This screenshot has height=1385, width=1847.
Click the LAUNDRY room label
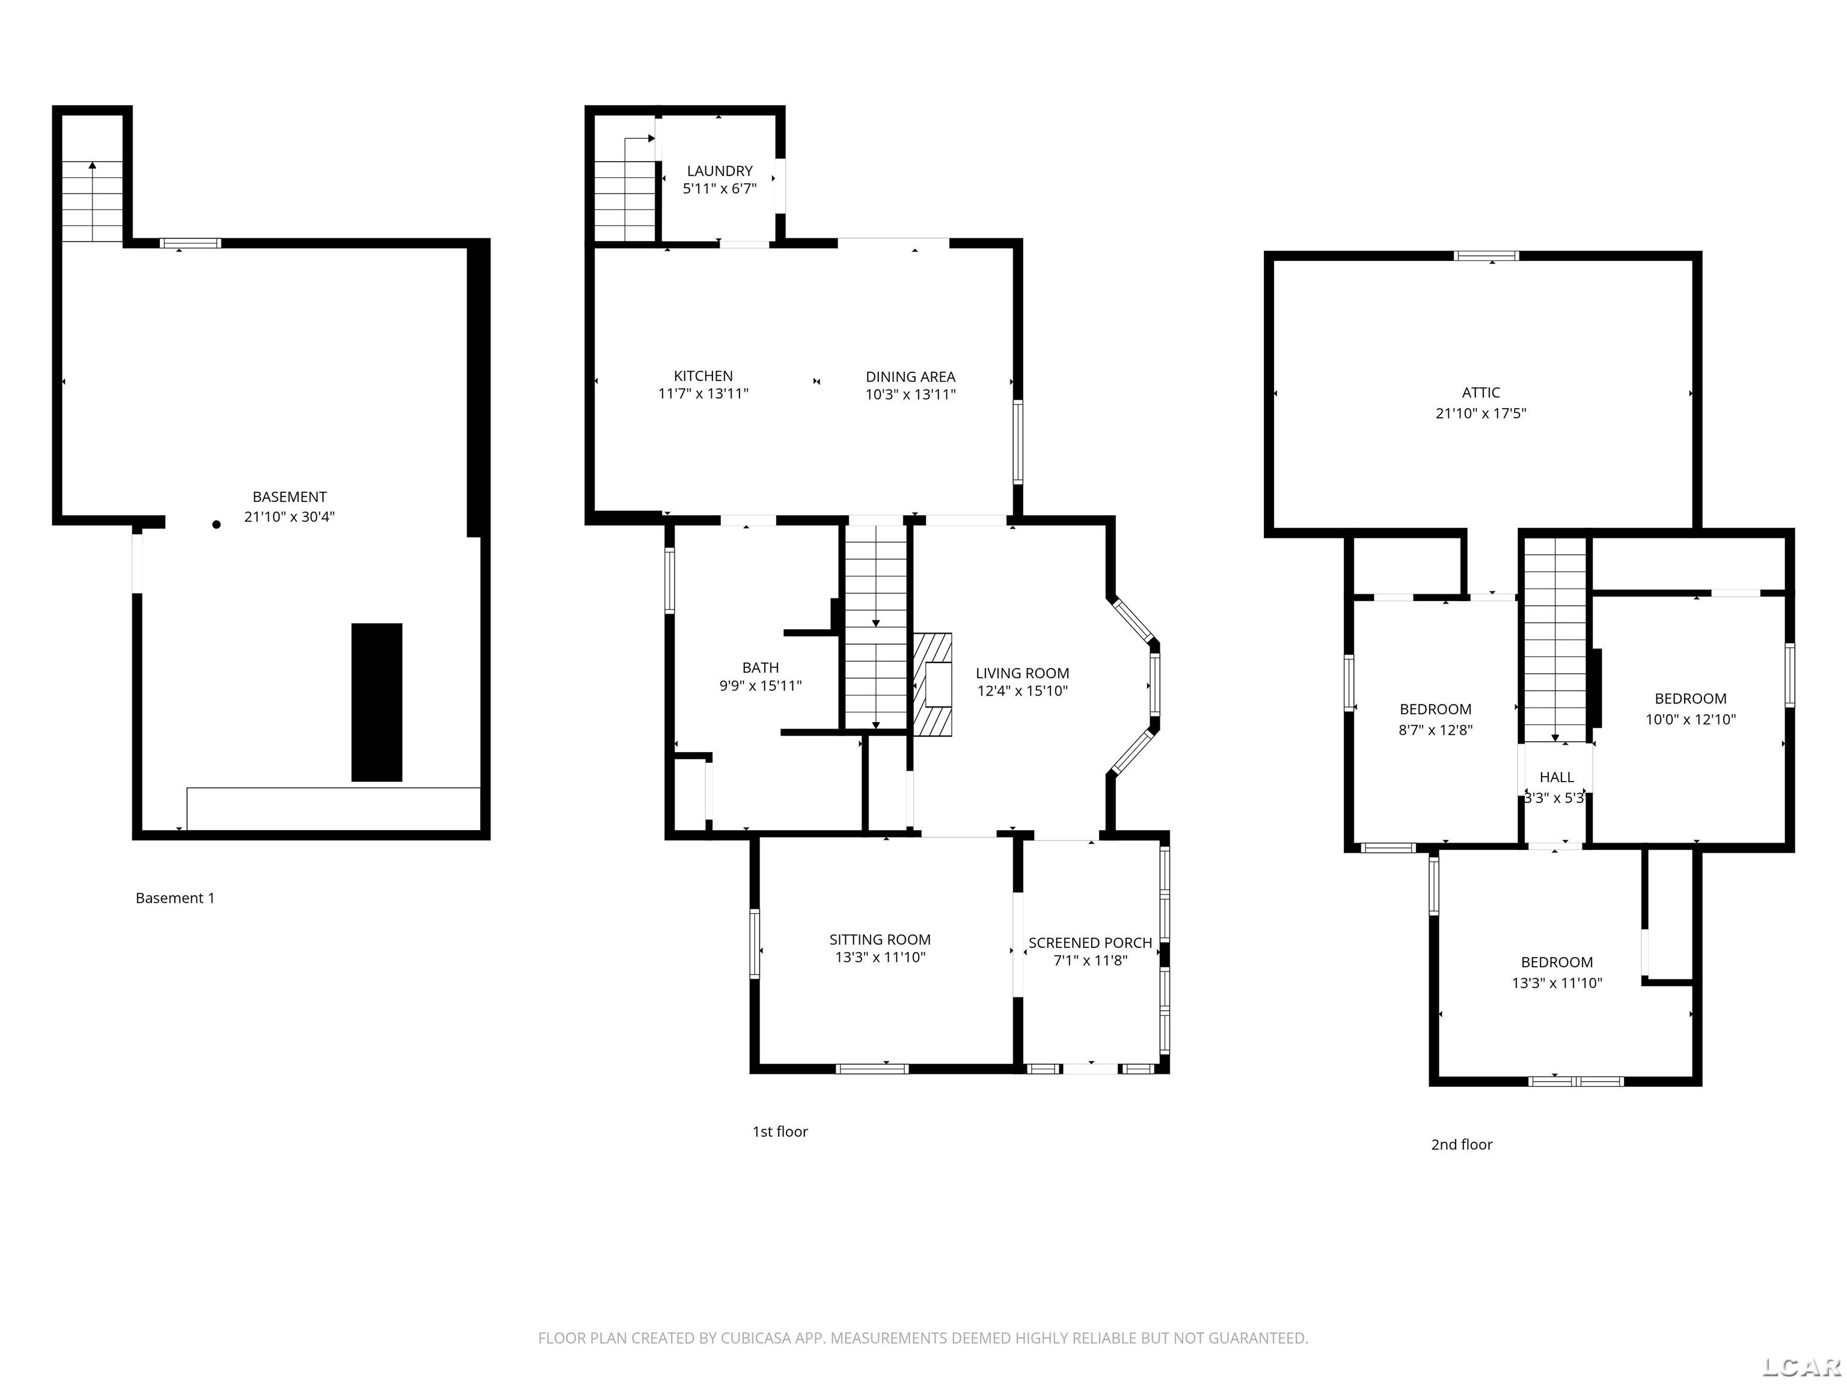719,171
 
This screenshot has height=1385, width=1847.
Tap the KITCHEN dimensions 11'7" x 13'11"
703,394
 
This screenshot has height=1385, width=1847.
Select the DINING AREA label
910,378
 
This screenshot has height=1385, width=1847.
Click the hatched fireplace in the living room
932,685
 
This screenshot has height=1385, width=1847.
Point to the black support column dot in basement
216,524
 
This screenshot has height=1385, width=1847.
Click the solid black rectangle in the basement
376,702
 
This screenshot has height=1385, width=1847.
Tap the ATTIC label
1480,393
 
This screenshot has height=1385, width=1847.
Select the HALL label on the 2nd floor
1557,777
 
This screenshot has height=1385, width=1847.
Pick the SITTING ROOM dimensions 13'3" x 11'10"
880,958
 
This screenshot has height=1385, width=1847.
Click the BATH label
760,667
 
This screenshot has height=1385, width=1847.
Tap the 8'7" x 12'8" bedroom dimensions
1435,730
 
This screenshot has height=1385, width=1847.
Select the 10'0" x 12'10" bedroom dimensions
1690,719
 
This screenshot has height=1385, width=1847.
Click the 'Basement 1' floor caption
176,898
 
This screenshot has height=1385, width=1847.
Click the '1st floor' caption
780,1131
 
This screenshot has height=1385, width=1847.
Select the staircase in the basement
93,200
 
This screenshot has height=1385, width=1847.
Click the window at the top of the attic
1486,255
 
